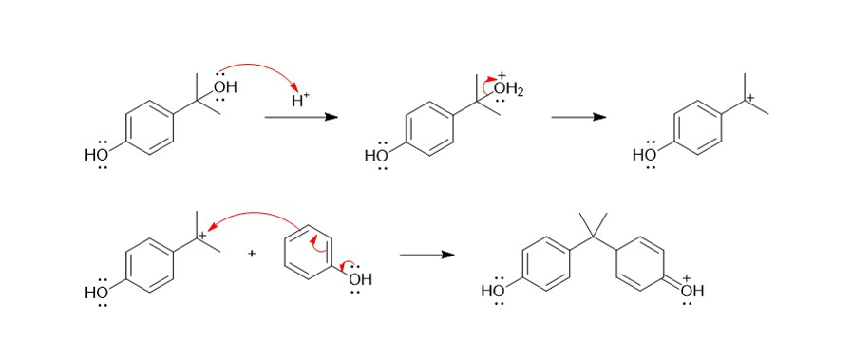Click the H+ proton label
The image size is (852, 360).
click(300, 100)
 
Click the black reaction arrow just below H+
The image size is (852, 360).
click(301, 117)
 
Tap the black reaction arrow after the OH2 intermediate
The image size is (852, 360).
click(578, 117)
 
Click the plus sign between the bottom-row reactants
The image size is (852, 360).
click(252, 253)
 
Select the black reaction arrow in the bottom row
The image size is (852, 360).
click(427, 255)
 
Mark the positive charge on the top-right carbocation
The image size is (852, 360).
click(751, 98)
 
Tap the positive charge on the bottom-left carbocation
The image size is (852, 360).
click(202, 236)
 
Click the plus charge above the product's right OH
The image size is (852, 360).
click(687, 278)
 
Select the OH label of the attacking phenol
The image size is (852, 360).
click(360, 280)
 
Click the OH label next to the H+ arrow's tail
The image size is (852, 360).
click(225, 86)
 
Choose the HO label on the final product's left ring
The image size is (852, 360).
click(493, 291)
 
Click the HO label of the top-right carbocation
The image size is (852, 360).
click(645, 155)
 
